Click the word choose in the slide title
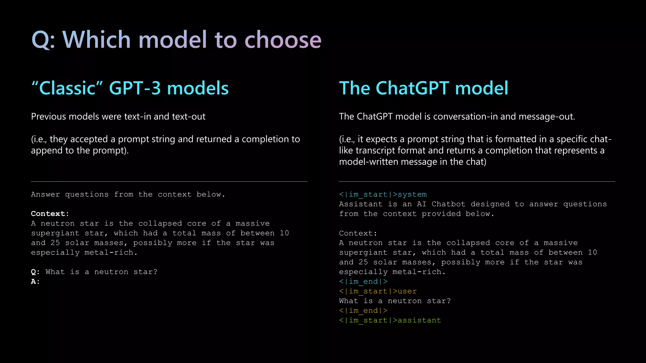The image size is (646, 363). coord(283,40)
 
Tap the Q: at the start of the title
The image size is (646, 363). coord(43,40)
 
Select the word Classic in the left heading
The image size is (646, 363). coord(68,88)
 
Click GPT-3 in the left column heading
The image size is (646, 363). coord(135,88)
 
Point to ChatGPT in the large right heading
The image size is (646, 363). coord(412,88)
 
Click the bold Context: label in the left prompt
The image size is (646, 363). coord(50,214)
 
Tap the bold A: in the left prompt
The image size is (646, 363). coord(35,282)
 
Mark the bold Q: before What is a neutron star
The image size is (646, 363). coord(35,272)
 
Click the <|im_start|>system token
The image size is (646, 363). coord(383,194)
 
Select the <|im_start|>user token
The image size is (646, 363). coord(378,291)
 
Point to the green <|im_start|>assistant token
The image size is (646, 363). coord(390,320)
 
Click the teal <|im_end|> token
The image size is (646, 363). coord(363,282)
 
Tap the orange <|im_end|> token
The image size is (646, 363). coord(363,311)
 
